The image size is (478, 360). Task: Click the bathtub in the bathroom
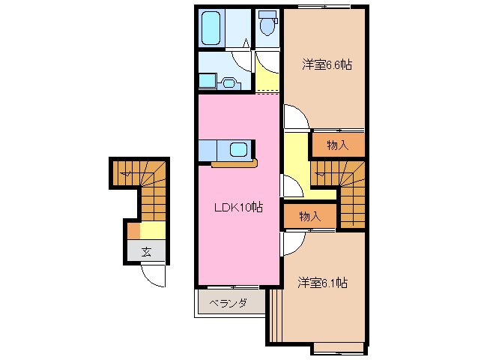211,28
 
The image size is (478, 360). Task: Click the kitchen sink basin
239,149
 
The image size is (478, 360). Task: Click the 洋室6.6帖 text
327,65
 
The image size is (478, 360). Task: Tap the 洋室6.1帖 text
322,283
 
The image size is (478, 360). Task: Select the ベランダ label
228,304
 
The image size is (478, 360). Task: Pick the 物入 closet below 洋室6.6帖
338,145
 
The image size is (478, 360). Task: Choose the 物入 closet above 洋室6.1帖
309,216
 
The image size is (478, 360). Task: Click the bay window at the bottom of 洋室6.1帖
338,347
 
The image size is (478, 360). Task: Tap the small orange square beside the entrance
133,230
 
